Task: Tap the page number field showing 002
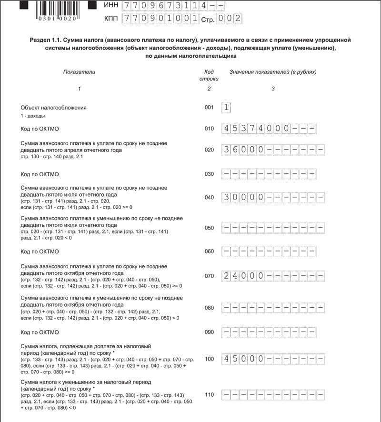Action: (229, 19)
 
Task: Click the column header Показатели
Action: (79, 72)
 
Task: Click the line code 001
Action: (209, 108)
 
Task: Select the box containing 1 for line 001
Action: (226, 108)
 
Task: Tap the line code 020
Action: (209, 150)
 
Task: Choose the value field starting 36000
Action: (273, 150)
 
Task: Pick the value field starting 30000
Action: (273, 197)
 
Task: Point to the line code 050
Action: (209, 228)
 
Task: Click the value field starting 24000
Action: (273, 276)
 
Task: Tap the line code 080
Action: (209, 308)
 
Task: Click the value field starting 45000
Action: (273, 359)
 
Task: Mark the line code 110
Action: (209, 394)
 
